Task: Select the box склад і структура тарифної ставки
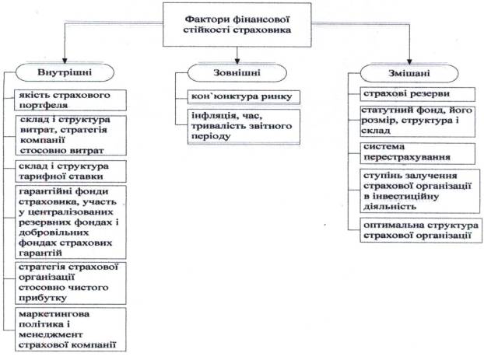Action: point(71,171)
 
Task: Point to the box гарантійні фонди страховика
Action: point(71,222)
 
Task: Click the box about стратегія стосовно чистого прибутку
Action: point(71,281)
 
